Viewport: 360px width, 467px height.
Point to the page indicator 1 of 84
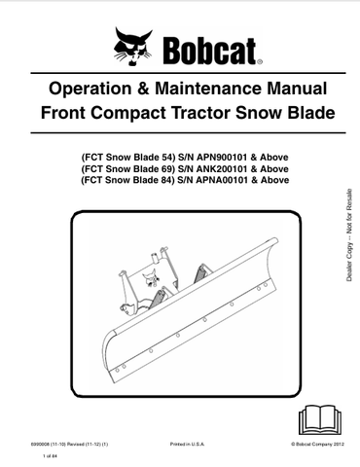pyautogui.click(x=52, y=455)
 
